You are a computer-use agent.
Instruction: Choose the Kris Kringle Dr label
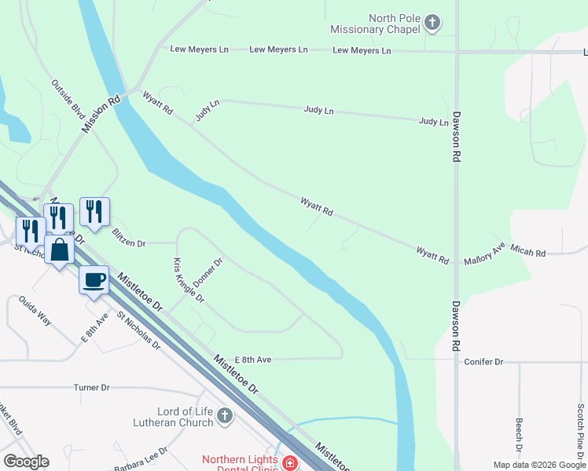tap(189, 280)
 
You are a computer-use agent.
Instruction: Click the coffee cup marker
tap(94, 279)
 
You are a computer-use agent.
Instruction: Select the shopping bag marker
tap(59, 250)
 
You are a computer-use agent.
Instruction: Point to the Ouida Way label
tap(35, 311)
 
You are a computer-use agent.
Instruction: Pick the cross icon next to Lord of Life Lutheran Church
tap(225, 414)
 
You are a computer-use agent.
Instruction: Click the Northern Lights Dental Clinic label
tap(240, 465)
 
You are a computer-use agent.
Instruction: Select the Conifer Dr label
tap(483, 362)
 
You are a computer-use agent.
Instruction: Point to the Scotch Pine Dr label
tap(580, 428)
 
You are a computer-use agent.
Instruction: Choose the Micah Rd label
tap(527, 252)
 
